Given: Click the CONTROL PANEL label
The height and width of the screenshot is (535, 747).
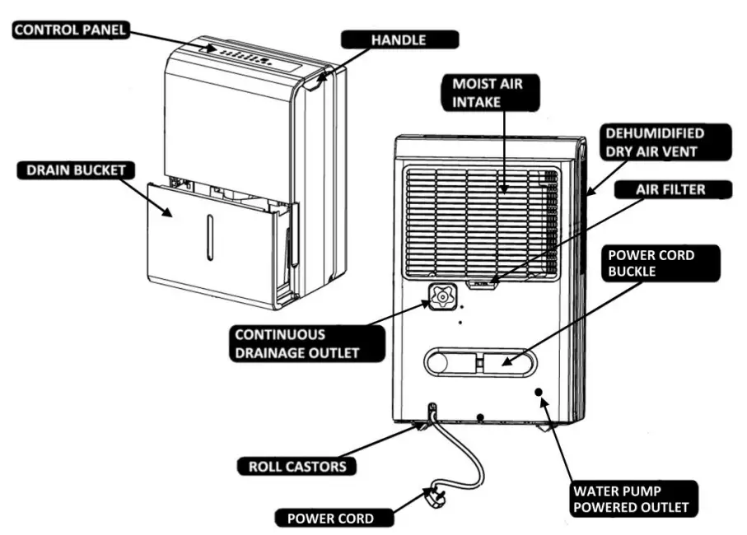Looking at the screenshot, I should click(69, 30).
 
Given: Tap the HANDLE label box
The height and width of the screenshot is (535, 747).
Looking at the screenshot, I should click(399, 39).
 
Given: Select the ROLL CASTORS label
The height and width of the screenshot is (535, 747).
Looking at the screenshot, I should click(297, 466).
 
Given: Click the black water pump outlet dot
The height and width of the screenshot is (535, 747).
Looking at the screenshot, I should click(539, 393).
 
